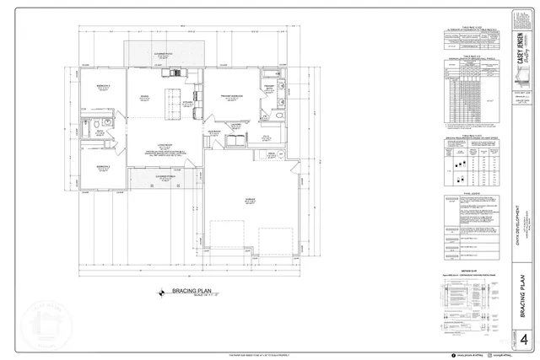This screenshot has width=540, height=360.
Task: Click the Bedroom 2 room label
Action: [101, 168]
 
